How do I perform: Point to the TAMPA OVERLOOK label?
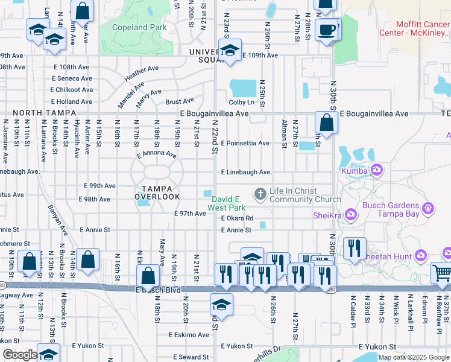157,192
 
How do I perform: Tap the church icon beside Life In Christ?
260,193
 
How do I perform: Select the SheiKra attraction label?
329,215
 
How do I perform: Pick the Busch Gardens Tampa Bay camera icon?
428,209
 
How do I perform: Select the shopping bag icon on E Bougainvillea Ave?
326,122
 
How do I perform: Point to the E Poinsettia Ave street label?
245,143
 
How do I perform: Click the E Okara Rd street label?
237,218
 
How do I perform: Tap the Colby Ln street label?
239,102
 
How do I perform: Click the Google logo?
19,355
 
